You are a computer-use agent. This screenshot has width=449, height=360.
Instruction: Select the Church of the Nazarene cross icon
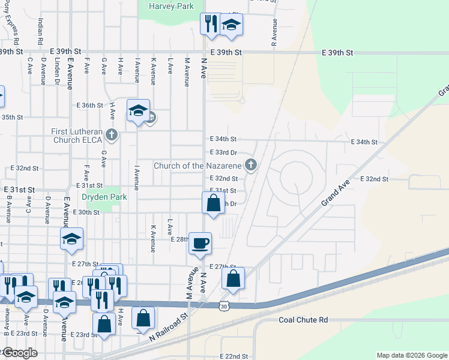point(252,164)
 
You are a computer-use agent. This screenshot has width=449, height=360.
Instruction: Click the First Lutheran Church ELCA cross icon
point(111,135)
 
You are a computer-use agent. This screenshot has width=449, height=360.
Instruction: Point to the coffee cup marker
point(200,244)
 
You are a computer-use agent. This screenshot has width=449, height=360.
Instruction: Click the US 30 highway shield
point(224,305)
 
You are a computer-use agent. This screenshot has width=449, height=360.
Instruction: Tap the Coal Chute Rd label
point(303,320)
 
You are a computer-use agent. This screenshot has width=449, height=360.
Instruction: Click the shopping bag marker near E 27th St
point(233,278)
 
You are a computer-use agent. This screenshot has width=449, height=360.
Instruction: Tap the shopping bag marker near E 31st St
point(213,202)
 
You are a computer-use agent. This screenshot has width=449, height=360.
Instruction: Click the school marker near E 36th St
point(138,110)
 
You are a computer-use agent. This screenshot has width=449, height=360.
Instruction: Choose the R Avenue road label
point(274,32)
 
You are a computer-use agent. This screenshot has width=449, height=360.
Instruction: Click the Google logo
point(19,353)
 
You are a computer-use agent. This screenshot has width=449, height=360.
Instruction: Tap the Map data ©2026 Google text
point(411,355)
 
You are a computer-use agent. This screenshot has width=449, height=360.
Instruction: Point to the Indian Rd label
point(40,31)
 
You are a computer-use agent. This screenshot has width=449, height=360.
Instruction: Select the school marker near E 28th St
point(71,239)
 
